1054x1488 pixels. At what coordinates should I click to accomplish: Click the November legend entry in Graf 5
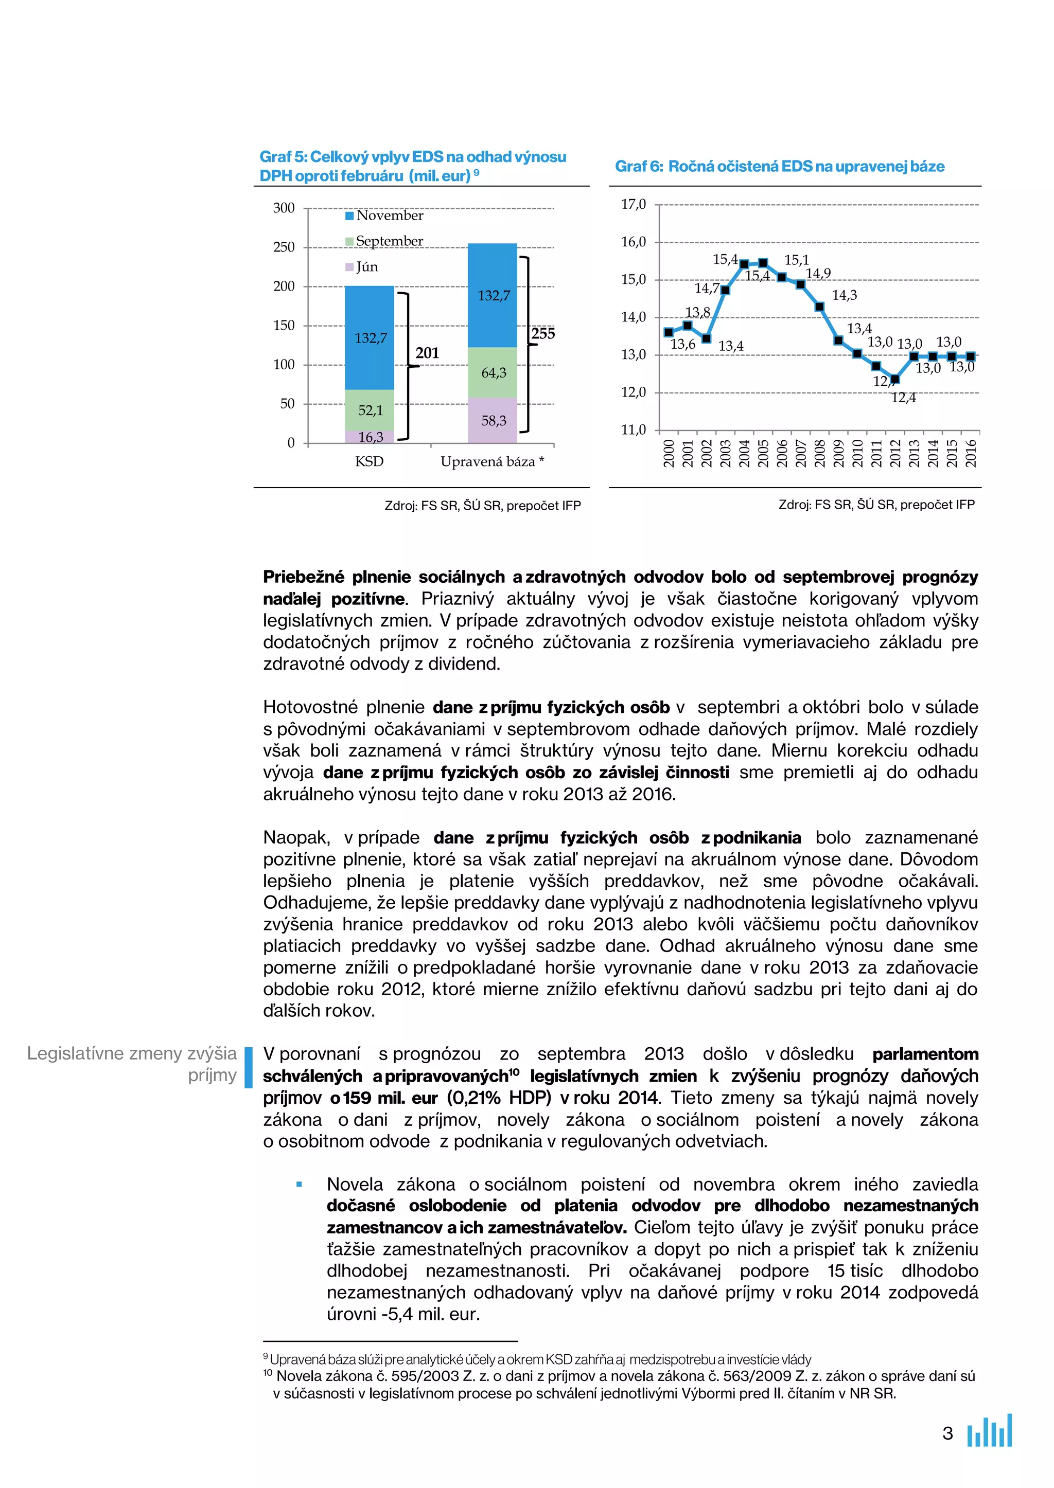click(384, 216)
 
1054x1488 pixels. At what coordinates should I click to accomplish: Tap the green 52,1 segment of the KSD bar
click(370, 410)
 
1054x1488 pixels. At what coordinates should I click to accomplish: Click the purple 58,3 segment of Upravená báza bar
click(493, 420)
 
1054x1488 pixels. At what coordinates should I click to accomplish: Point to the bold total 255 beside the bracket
click(543, 334)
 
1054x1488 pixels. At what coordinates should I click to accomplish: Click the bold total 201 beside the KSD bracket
click(427, 353)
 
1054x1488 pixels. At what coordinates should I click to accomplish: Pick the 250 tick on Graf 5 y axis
click(284, 247)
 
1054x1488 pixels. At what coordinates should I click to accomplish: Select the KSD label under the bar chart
click(370, 462)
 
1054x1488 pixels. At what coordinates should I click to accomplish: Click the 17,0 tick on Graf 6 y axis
click(634, 204)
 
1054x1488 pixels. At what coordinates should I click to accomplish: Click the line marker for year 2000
click(669, 332)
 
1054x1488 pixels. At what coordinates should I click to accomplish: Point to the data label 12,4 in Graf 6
click(903, 398)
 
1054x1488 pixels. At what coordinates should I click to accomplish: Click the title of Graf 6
click(780, 166)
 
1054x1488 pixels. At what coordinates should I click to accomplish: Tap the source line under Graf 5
click(482, 505)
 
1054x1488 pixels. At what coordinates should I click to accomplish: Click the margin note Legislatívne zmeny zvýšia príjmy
click(132, 1064)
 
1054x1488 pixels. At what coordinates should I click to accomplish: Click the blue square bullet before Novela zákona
click(299, 1185)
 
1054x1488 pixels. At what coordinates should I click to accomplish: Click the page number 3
click(947, 1433)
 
